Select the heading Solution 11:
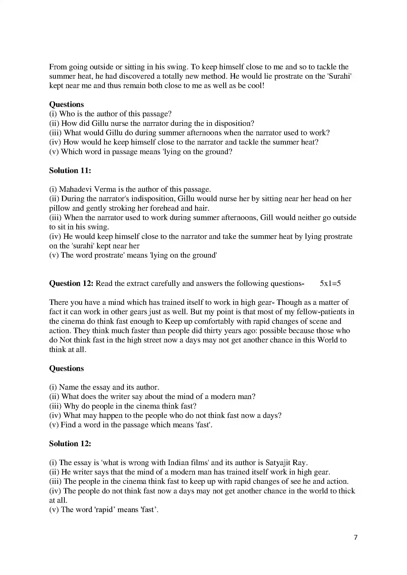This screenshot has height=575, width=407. (70, 171)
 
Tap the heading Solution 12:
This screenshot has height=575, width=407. (70, 443)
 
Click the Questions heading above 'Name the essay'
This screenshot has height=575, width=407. (66, 369)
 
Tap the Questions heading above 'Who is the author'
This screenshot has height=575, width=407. (66, 104)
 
